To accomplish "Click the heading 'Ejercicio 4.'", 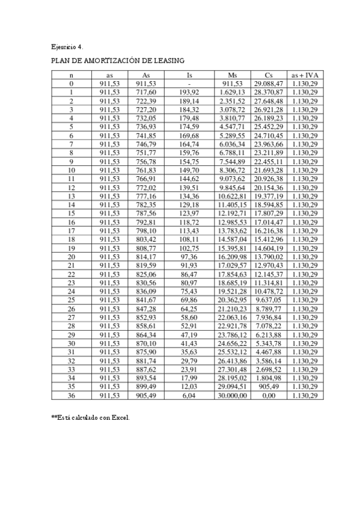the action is pos(67,46).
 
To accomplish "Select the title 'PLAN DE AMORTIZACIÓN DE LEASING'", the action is pos(117,61).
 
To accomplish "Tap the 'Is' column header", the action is pos(189,75).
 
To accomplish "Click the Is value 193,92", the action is pos(189,93).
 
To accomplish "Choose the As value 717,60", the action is pos(146,93).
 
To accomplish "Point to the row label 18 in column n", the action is pos(72,239).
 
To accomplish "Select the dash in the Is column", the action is pos(189,84).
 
